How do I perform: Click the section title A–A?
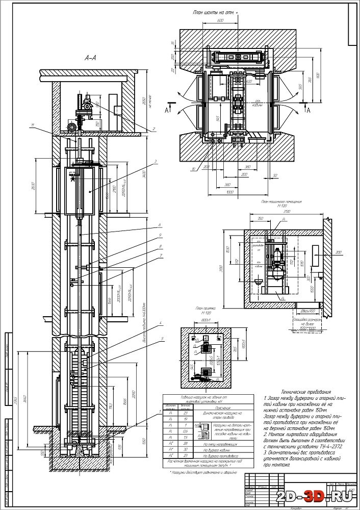pyautogui.click(x=90, y=59)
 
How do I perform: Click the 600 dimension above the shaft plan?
pyautogui.click(x=220, y=21)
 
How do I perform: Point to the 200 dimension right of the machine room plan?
pyautogui.click(x=338, y=252)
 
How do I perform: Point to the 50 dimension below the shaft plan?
pyautogui.click(x=276, y=175)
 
